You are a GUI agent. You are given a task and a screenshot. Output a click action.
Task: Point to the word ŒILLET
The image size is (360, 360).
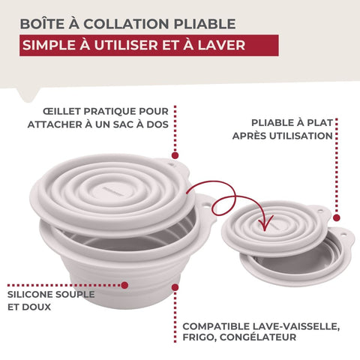(x=61, y=112)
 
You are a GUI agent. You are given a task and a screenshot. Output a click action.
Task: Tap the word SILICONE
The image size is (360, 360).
(x=29, y=295)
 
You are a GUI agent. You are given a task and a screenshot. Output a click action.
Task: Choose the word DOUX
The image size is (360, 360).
(x=37, y=307)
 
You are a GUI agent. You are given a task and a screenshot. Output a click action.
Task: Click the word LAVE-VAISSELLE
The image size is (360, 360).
(x=296, y=326)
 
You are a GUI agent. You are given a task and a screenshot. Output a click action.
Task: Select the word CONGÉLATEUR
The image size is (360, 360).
(x=258, y=337)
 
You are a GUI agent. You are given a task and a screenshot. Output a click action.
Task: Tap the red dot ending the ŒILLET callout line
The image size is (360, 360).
(x=175, y=155)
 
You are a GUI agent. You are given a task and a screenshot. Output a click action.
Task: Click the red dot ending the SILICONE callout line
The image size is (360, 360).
(x=124, y=285)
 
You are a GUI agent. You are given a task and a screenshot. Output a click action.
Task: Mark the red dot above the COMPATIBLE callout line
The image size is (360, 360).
(x=175, y=287)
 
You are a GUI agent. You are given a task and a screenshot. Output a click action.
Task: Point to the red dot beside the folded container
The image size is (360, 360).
(x=337, y=217)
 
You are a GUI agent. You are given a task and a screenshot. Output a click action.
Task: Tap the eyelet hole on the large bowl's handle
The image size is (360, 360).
(x=205, y=206)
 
